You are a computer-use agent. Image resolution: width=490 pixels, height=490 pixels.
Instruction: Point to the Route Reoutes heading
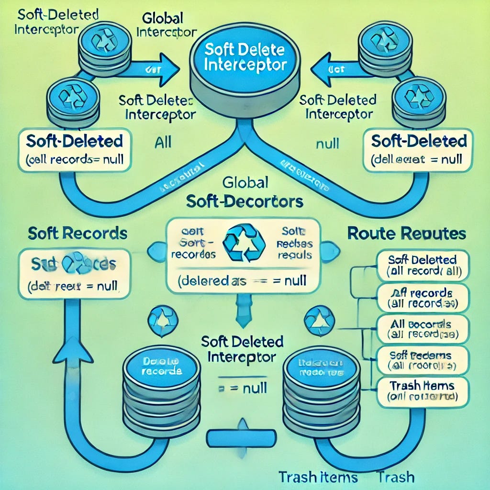(406, 234)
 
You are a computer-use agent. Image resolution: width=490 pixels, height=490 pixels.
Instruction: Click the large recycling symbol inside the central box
(245, 243)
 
